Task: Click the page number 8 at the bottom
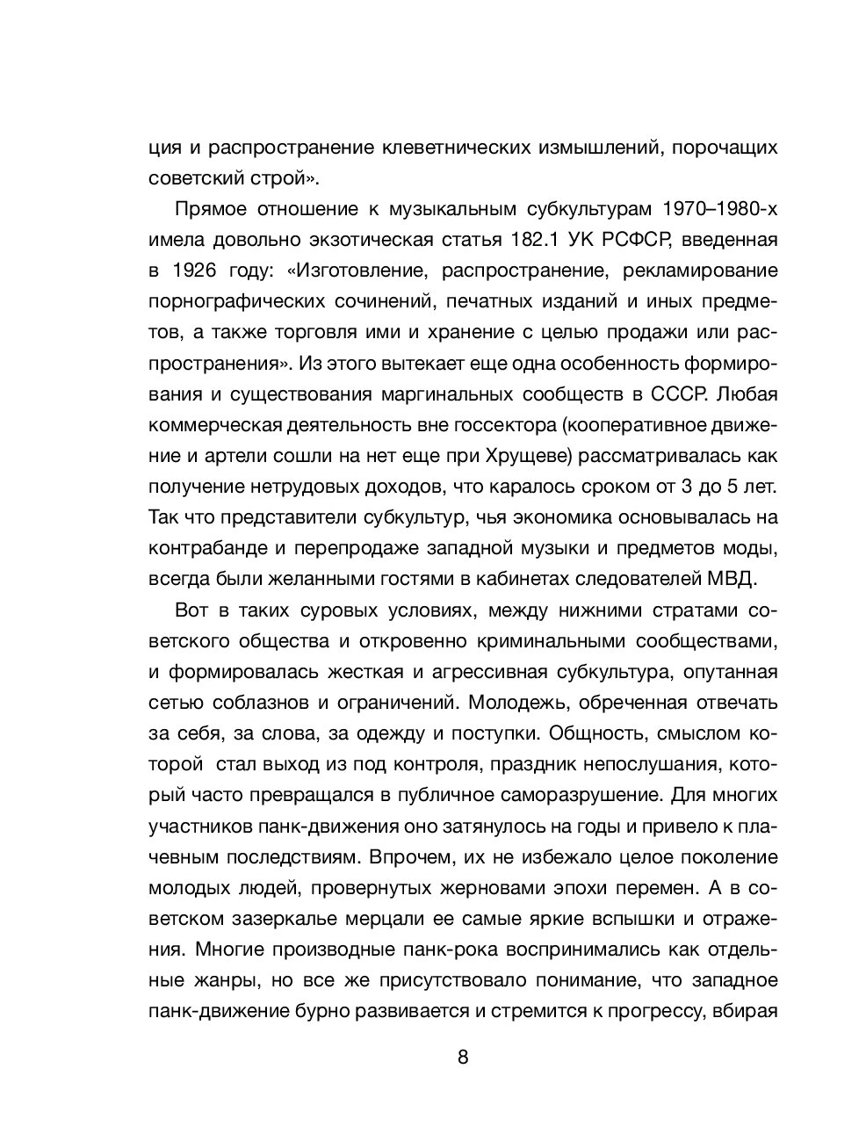[x=463, y=1057]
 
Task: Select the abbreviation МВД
[x=727, y=580]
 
